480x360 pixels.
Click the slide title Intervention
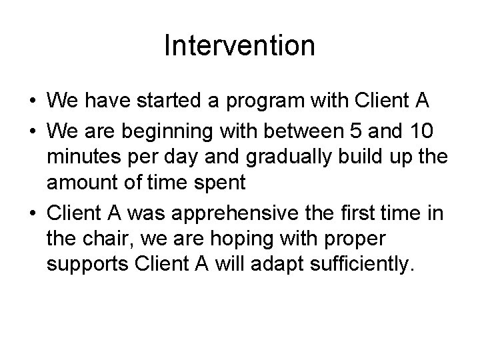pos(239,46)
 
